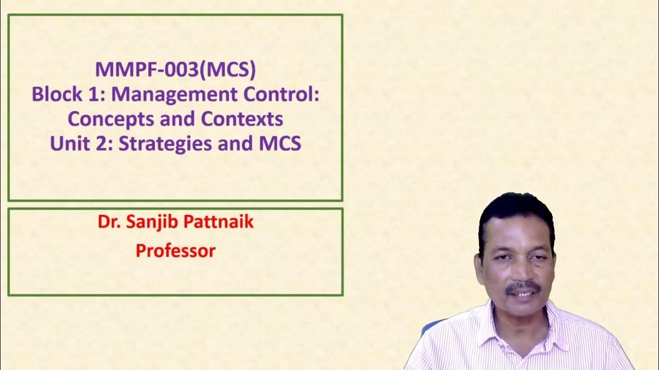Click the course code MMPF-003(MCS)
point(175,70)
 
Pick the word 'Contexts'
point(242,119)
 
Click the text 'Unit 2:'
point(82,143)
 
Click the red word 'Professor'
point(176,251)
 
